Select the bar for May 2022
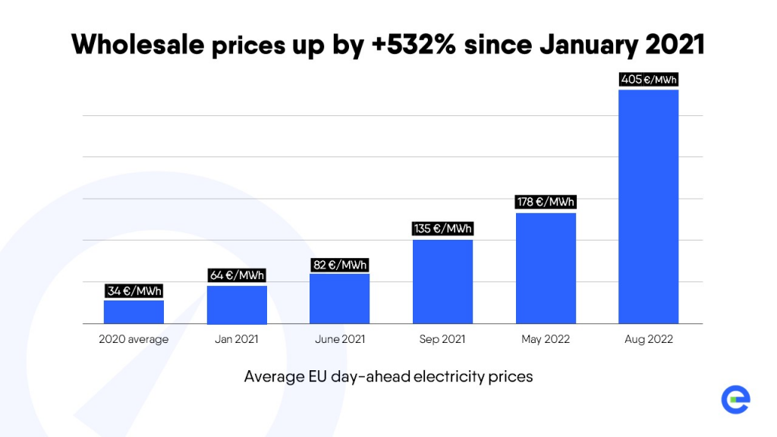click(546, 268)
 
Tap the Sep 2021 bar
click(442, 281)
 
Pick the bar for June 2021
click(339, 298)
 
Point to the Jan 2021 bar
click(237, 304)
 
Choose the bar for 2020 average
click(134, 312)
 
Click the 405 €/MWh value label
click(649, 78)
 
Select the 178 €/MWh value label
click(546, 202)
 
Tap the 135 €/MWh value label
click(442, 228)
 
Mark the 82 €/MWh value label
click(340, 265)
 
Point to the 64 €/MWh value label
click(237, 275)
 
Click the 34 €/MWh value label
click(134, 291)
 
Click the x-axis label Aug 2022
click(649, 339)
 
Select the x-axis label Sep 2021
click(442, 339)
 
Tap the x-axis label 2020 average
click(134, 339)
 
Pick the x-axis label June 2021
click(339, 339)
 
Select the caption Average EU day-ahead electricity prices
click(388, 376)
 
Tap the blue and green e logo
click(735, 400)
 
